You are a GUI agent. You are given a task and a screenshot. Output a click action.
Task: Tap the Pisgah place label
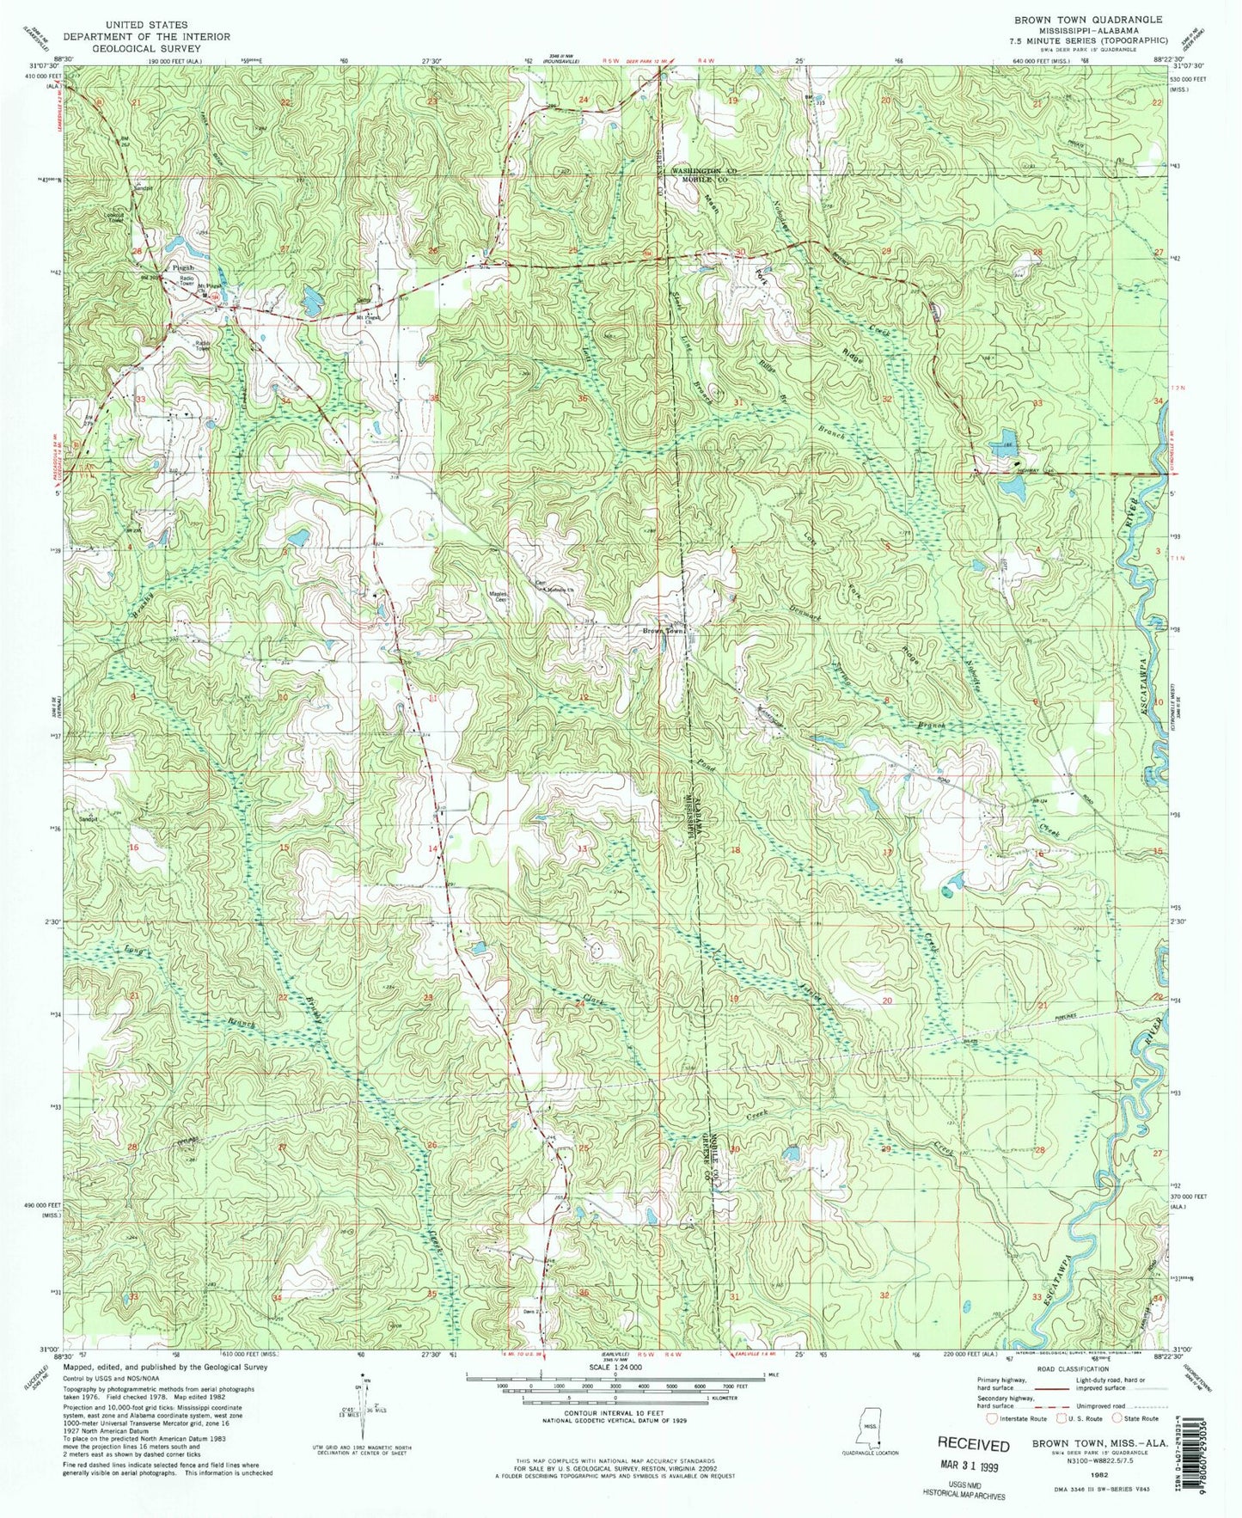[x=180, y=267]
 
